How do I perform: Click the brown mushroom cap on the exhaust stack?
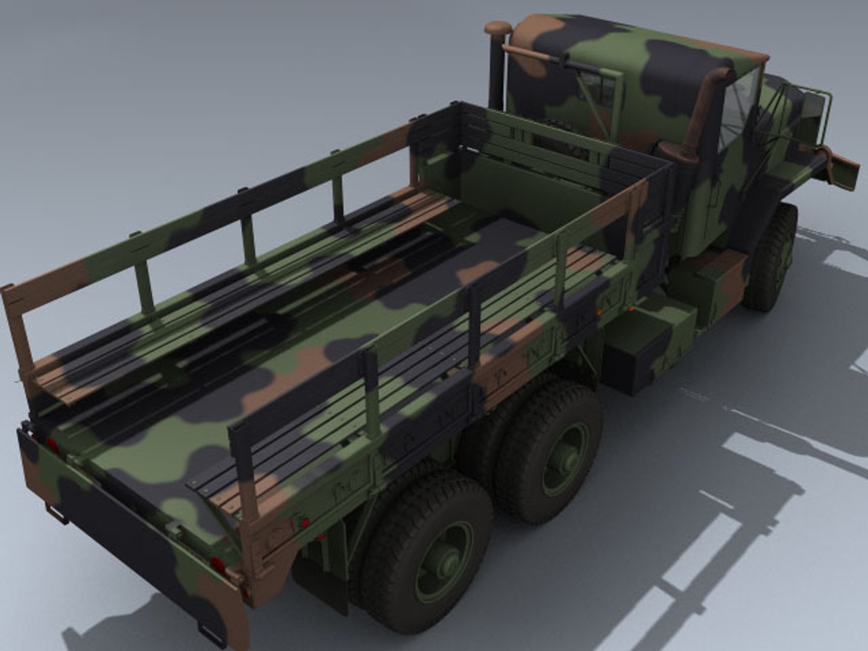tap(497, 28)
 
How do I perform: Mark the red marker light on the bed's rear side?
tap(304, 522)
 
